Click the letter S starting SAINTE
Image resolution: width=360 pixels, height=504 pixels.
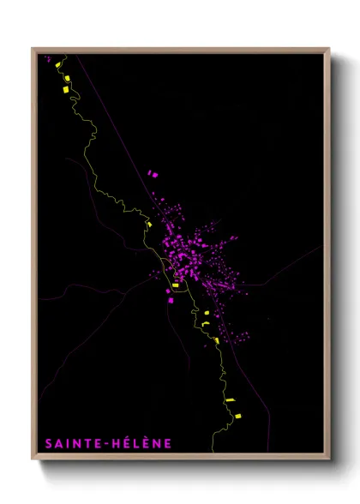(x=48, y=443)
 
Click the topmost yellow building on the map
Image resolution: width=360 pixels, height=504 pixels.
(x=57, y=65)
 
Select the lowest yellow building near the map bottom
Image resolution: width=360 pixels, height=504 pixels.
(x=237, y=417)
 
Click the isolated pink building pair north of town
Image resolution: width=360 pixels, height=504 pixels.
(x=153, y=174)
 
